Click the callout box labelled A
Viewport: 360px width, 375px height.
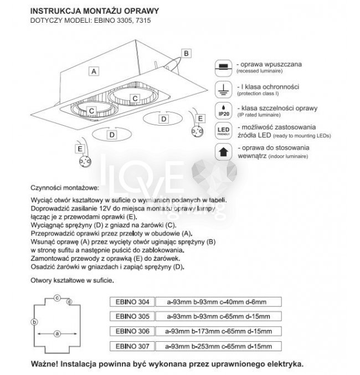(94, 71)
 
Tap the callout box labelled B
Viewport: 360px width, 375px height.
(187, 53)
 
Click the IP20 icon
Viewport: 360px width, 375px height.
(222, 109)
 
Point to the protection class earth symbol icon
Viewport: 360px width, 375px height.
(222, 88)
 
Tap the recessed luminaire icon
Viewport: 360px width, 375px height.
(222, 66)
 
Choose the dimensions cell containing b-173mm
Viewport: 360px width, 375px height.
(219, 331)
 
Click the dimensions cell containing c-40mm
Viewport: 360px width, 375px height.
(219, 301)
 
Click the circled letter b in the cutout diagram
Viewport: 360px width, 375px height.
(34, 322)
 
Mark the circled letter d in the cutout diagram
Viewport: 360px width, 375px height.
(69, 301)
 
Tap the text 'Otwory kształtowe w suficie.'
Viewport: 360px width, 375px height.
(72, 281)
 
